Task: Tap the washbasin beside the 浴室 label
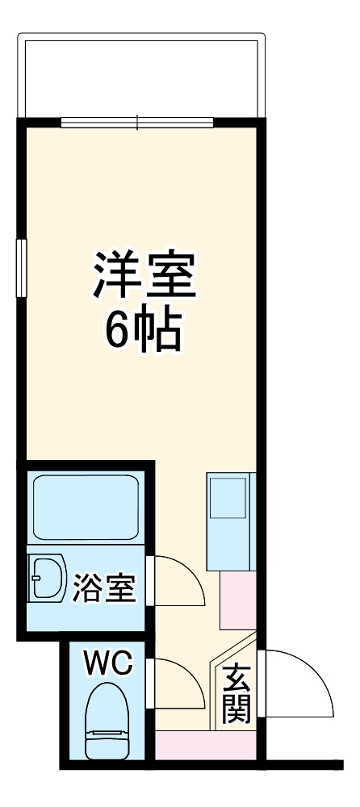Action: pos(47,579)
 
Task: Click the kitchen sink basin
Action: pos(228,497)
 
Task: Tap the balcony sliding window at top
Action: pos(137,123)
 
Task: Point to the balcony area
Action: pos(141,77)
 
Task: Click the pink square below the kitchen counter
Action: pos(237,601)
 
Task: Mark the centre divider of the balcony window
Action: pos(137,123)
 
